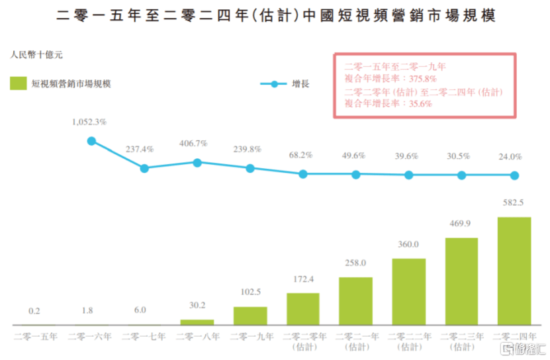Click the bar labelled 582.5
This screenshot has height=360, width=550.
(514, 271)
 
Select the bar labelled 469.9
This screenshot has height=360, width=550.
(461, 281)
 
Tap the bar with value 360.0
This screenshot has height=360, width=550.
(408, 291)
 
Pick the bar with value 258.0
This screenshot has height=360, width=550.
(355, 301)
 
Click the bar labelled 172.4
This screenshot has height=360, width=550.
(303, 309)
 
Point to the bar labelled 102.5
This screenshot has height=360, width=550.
(250, 316)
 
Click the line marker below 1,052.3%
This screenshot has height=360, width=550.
(91, 141)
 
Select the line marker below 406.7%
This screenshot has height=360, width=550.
(197, 161)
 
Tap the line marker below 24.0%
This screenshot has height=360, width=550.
(514, 175)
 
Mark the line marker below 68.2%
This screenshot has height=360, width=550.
(303, 174)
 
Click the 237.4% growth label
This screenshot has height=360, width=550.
(144, 150)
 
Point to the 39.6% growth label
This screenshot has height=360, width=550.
(408, 156)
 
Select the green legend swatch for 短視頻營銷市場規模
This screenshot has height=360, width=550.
(19, 83)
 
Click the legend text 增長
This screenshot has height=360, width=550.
(300, 84)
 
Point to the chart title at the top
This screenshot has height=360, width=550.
(275, 15)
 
